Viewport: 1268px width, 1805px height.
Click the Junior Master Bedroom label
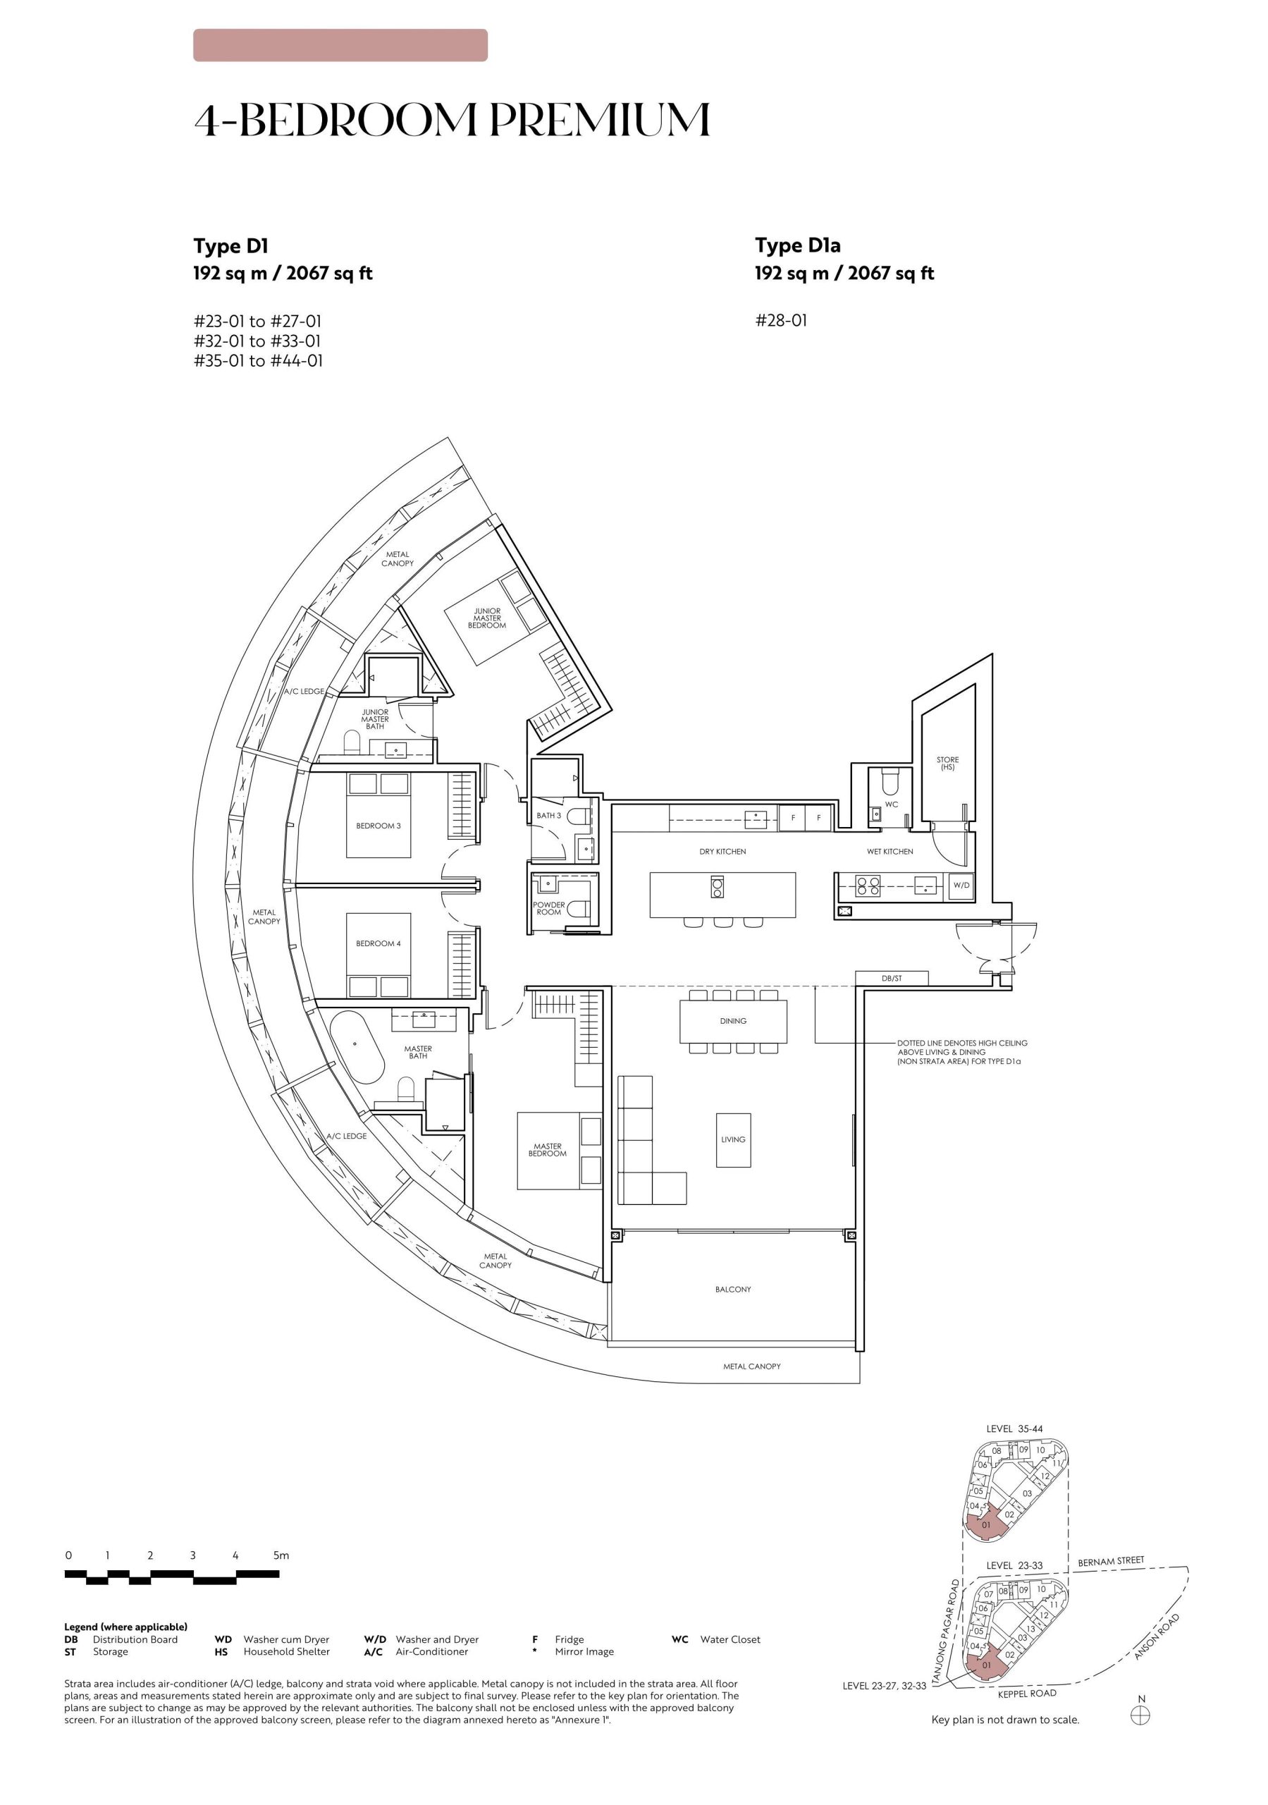(x=486, y=618)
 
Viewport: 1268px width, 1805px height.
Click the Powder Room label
(x=548, y=908)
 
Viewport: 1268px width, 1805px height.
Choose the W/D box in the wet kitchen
(x=961, y=885)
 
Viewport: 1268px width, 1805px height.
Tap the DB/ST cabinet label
(x=892, y=978)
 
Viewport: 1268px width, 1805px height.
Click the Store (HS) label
(x=947, y=764)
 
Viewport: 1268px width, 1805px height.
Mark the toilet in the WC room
(x=891, y=781)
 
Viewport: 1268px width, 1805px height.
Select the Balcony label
(x=732, y=1290)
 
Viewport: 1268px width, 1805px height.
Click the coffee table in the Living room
(x=732, y=1140)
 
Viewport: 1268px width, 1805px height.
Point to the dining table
(x=732, y=1021)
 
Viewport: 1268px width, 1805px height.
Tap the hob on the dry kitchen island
(x=717, y=886)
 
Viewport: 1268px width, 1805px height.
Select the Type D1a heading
(x=798, y=245)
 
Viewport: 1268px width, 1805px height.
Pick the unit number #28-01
(x=782, y=321)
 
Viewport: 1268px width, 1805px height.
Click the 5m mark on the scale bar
(x=281, y=1555)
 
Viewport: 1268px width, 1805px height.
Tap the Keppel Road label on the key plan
(x=1027, y=1694)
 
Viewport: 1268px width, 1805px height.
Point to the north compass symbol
(x=1140, y=1715)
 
